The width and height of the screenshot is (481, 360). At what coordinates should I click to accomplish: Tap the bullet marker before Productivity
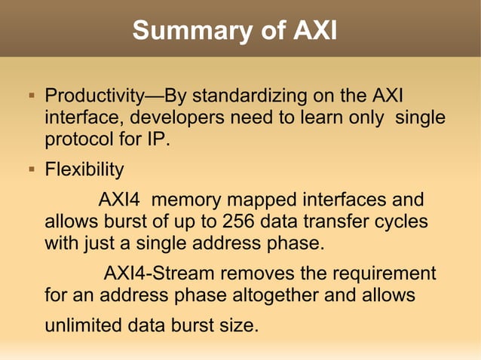coord(31,97)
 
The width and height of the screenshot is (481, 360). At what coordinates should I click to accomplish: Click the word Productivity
coord(94,97)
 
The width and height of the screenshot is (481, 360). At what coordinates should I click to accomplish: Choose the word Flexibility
coord(84,169)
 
